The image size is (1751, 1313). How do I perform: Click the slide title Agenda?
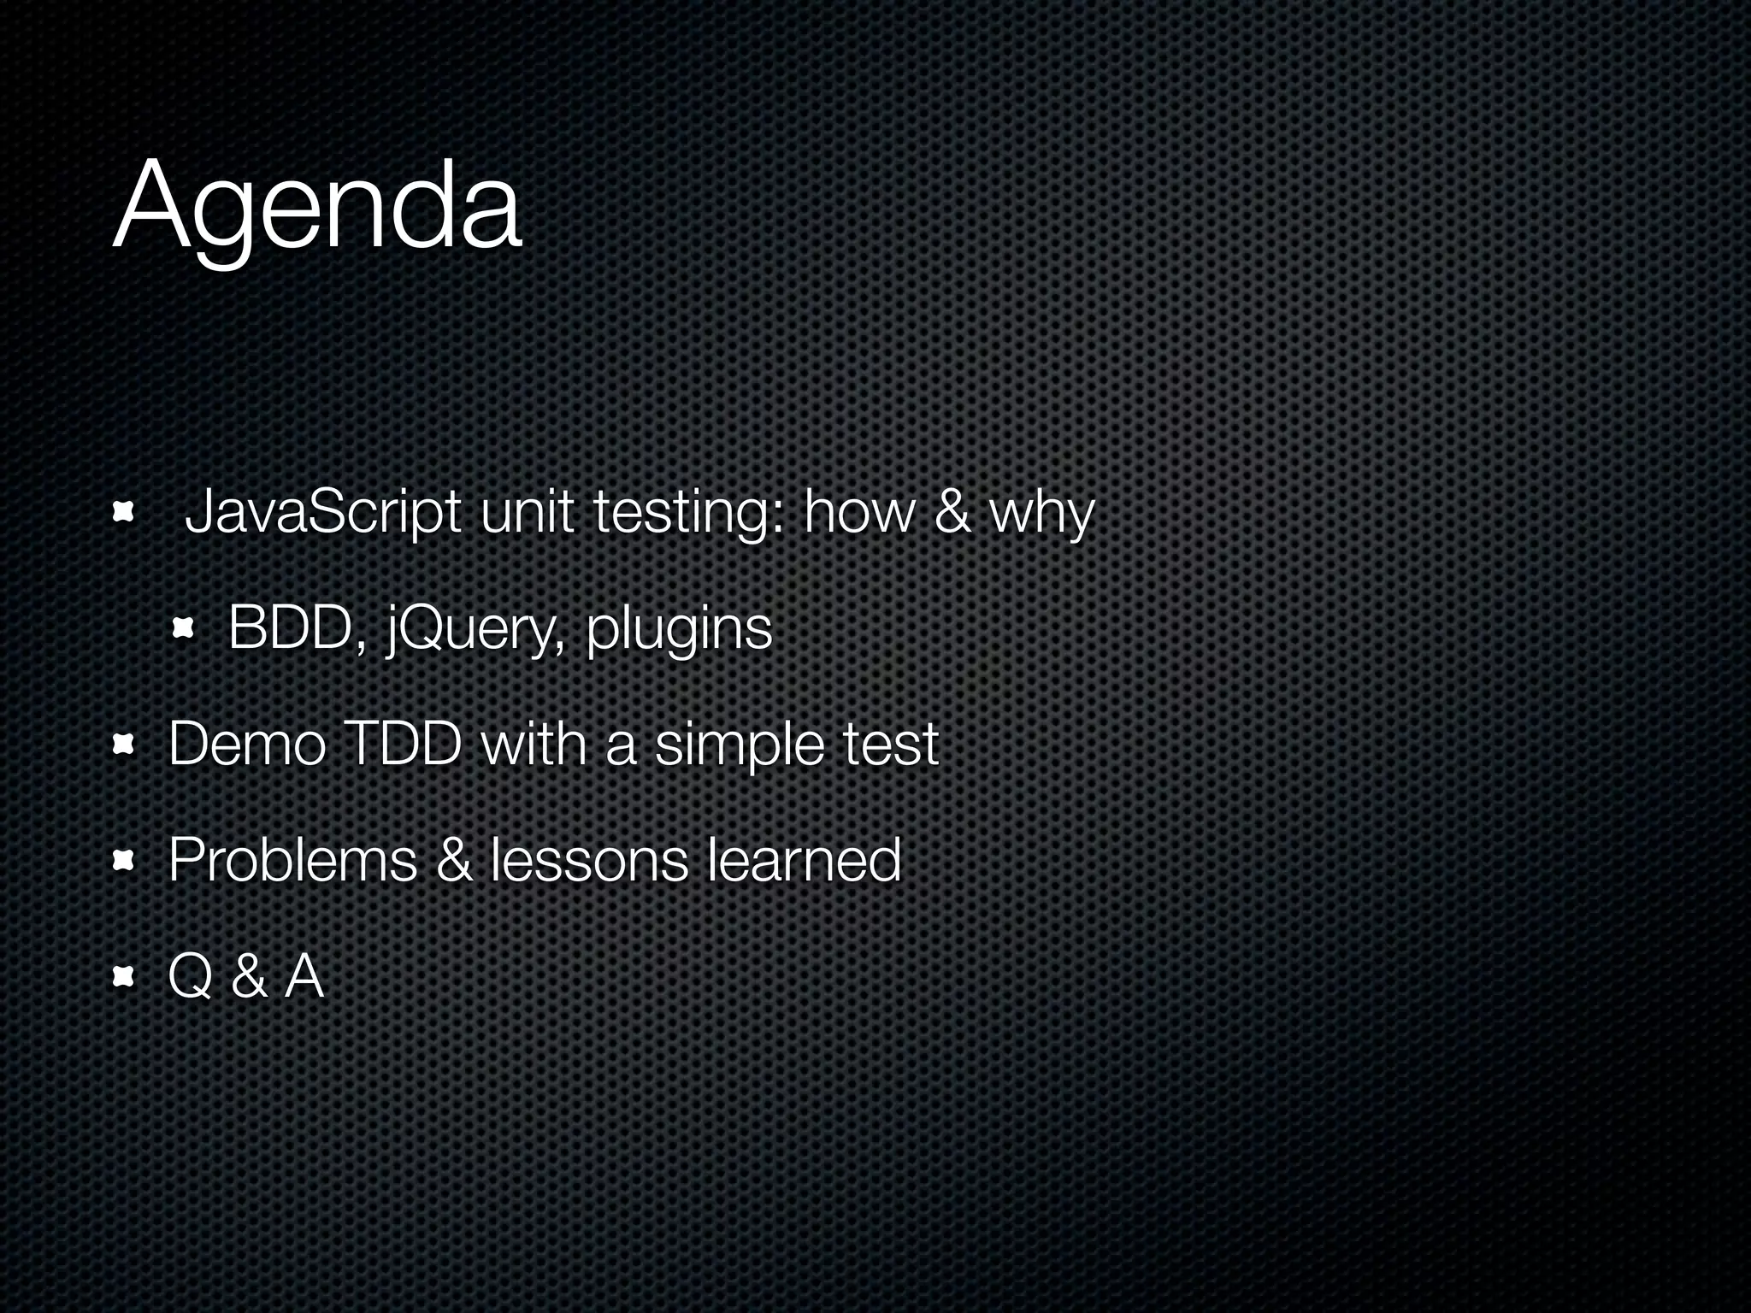316,209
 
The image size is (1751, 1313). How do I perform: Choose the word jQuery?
475,630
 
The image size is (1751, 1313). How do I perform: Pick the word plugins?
679,630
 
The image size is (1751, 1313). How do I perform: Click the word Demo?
247,744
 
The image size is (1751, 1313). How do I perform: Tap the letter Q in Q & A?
190,976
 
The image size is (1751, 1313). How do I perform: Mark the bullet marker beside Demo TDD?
124,745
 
